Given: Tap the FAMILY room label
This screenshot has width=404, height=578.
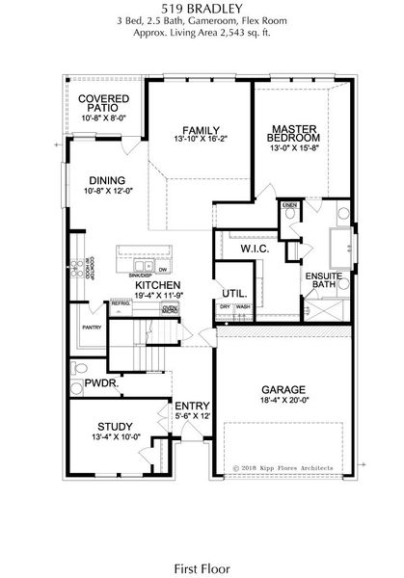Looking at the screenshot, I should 201,131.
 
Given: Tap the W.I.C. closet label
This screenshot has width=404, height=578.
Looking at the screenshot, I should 254,249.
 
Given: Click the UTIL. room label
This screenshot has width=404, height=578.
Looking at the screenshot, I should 234,293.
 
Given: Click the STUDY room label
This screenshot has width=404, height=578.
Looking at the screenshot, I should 114,427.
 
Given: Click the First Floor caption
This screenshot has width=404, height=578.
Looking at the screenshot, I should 201,542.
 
